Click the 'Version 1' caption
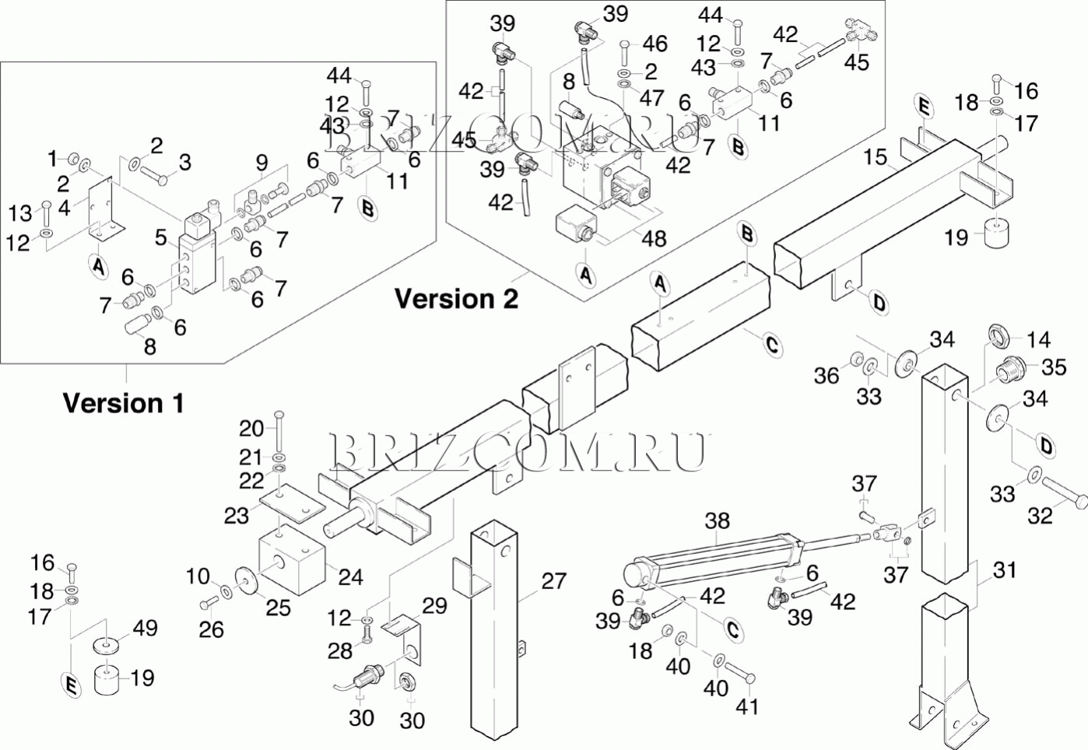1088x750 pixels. pyautogui.click(x=123, y=403)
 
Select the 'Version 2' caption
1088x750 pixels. pyautogui.click(x=456, y=299)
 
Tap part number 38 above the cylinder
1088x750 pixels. pyautogui.click(x=717, y=520)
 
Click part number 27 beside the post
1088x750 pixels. pyautogui.click(x=553, y=581)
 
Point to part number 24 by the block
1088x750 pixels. pyautogui.click(x=350, y=577)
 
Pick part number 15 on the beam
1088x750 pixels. pyautogui.click(x=875, y=157)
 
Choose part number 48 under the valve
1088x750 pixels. pyautogui.click(x=654, y=238)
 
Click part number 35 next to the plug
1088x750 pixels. pyautogui.click(x=1054, y=366)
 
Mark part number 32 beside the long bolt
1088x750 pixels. pyautogui.click(x=1040, y=515)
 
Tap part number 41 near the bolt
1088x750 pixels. pyautogui.click(x=747, y=706)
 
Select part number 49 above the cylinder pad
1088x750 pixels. pyautogui.click(x=146, y=628)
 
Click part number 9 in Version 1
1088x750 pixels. pyautogui.click(x=261, y=163)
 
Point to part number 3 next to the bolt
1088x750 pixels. pyautogui.click(x=184, y=162)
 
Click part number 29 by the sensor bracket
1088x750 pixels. pyautogui.click(x=435, y=605)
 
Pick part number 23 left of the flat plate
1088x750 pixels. pyautogui.click(x=237, y=515)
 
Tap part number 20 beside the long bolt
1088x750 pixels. pyautogui.click(x=251, y=428)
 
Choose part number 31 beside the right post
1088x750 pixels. pyautogui.click(x=1005, y=570)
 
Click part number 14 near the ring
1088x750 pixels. pyautogui.click(x=1038, y=339)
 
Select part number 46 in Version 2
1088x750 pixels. pyautogui.click(x=655, y=44)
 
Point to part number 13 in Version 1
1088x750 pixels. pyautogui.click(x=20, y=212)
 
